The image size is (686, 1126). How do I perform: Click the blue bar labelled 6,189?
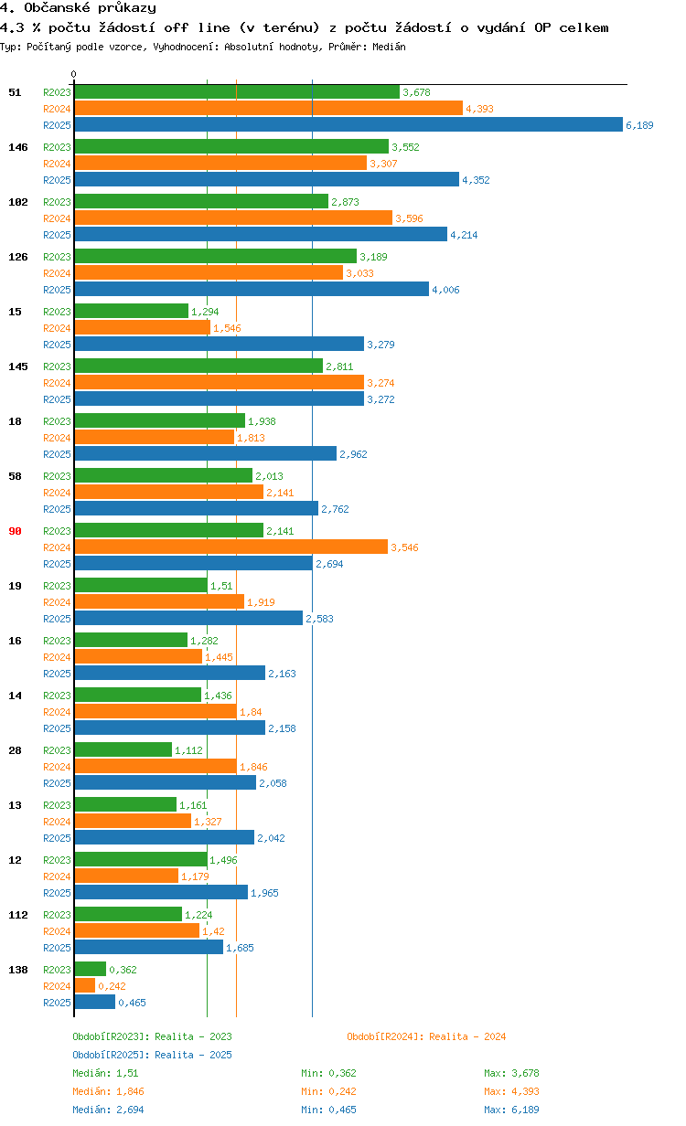(348, 125)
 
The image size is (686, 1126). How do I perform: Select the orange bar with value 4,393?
(268, 109)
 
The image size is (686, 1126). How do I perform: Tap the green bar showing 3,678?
(237, 92)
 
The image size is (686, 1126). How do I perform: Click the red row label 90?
(15, 531)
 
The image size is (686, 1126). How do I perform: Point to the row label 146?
(17, 147)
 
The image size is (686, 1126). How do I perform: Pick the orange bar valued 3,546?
(230, 547)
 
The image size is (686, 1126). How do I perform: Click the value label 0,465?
(133, 1003)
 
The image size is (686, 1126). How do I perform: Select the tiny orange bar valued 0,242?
(84, 986)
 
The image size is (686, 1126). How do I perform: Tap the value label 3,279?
(381, 345)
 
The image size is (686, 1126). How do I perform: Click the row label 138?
(17, 970)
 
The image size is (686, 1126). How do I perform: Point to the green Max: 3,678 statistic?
(511, 1073)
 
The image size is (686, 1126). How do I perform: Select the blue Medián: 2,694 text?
(108, 1110)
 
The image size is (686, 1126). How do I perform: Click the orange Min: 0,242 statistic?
(328, 1091)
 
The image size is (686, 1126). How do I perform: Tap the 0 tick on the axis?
(74, 74)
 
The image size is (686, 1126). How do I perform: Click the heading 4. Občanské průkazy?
(78, 8)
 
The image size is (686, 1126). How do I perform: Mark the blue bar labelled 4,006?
(252, 290)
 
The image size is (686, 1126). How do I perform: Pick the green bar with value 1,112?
(123, 750)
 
